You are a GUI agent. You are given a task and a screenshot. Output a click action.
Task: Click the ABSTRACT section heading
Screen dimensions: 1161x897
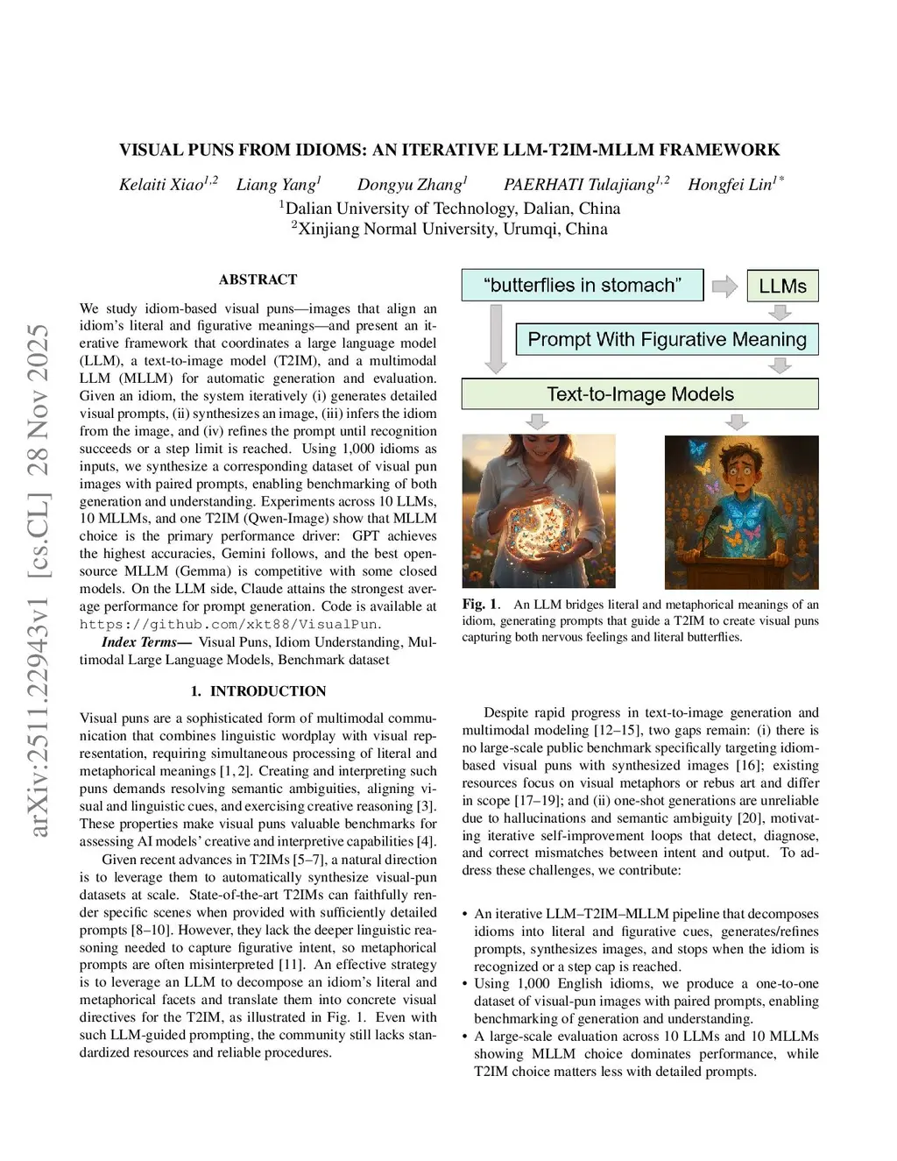pos(258,280)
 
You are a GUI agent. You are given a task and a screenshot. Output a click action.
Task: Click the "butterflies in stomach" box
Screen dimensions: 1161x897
pos(582,285)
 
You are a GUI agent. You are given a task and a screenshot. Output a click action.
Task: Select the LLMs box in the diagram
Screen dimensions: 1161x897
pos(782,286)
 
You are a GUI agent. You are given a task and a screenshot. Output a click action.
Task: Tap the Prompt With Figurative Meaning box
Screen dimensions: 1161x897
pos(667,339)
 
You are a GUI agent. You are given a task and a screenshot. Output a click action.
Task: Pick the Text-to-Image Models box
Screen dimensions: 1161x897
pos(639,394)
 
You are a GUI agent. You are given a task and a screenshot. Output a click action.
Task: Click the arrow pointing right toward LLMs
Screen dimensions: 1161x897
pos(724,286)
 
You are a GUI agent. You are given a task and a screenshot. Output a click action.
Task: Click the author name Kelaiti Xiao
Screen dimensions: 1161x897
pos(161,184)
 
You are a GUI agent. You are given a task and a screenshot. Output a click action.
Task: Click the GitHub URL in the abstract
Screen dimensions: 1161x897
pos(230,624)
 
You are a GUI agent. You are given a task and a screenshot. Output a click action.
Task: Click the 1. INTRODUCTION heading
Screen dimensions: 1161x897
pos(258,691)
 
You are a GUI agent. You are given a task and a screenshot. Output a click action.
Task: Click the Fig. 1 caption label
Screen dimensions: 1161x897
pos(479,605)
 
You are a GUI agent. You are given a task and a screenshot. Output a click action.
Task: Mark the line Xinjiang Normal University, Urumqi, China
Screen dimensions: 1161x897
pos(448,229)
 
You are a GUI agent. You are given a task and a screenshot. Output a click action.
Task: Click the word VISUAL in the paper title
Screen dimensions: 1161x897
pos(151,150)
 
